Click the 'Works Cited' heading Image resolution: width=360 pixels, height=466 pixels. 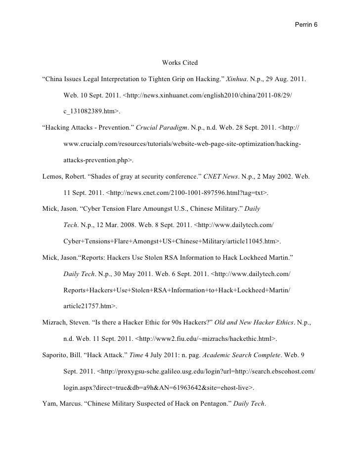180,63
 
